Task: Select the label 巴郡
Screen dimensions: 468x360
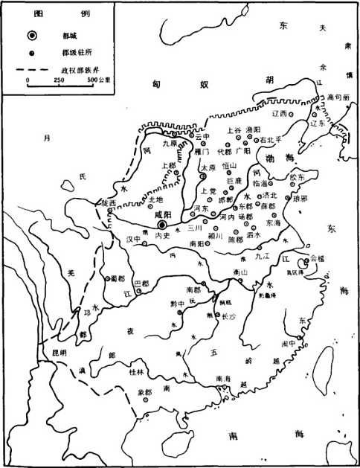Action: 140,283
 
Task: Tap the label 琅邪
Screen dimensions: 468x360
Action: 300,199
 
